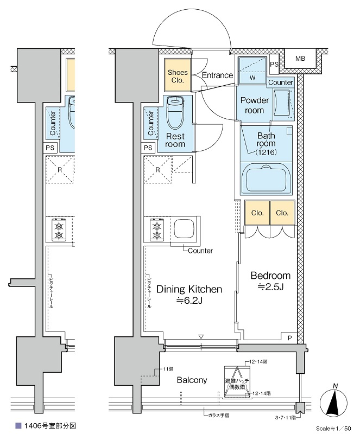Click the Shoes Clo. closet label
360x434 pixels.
178,76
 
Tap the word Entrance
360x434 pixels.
217,75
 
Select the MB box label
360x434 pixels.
300,58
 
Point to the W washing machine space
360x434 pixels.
252,78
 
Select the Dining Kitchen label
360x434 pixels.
189,289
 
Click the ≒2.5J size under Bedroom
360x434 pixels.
269,288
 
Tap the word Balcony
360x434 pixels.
192,380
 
